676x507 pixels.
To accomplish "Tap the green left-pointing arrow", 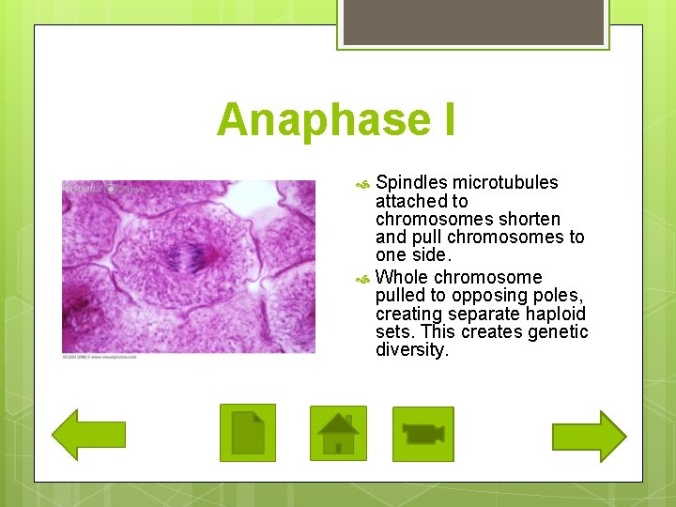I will pyautogui.click(x=88, y=435).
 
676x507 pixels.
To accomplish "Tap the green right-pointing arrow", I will pyautogui.click(x=589, y=436).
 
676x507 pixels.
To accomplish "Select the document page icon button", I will pyautogui.click(x=248, y=433).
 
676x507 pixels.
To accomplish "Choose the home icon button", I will pyautogui.click(x=338, y=433).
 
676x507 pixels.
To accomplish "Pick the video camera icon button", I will pyautogui.click(x=422, y=434).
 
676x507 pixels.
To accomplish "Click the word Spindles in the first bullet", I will pyautogui.click(x=410, y=183).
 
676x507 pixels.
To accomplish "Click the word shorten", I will pyautogui.click(x=530, y=219).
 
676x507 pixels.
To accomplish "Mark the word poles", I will pyautogui.click(x=558, y=296).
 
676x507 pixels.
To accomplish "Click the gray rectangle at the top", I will pyautogui.click(x=471, y=22).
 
